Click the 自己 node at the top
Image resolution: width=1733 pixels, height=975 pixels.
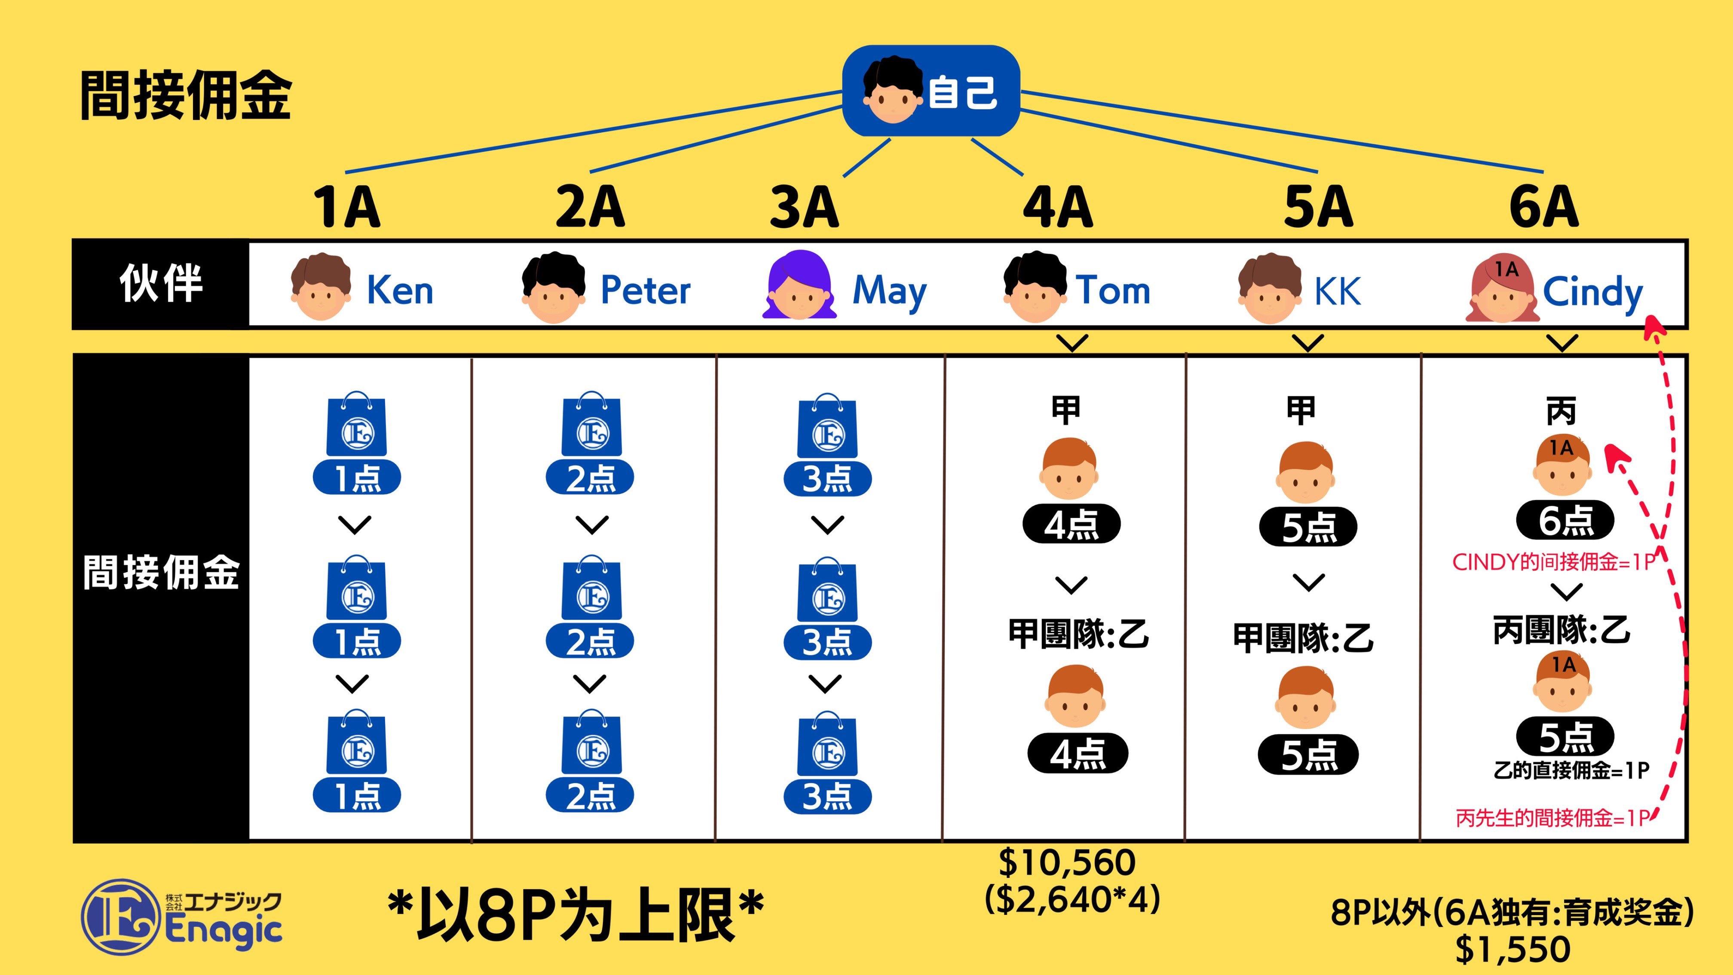tap(931, 91)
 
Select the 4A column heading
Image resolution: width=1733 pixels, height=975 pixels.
tap(1058, 207)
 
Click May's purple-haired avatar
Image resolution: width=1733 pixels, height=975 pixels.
tap(799, 286)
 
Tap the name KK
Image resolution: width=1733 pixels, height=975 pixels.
tap(1338, 292)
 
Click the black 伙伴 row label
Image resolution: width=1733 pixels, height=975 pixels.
tap(161, 284)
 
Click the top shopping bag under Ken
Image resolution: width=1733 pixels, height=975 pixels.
tap(357, 425)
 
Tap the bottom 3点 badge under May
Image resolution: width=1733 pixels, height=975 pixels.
tap(827, 797)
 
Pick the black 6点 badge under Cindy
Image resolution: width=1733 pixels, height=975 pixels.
tap(1565, 521)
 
